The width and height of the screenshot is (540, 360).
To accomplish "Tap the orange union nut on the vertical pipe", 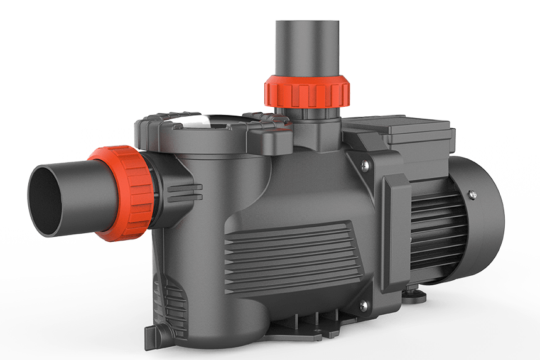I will tap(306, 91).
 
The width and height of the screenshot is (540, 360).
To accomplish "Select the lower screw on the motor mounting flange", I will tap(362, 305).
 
